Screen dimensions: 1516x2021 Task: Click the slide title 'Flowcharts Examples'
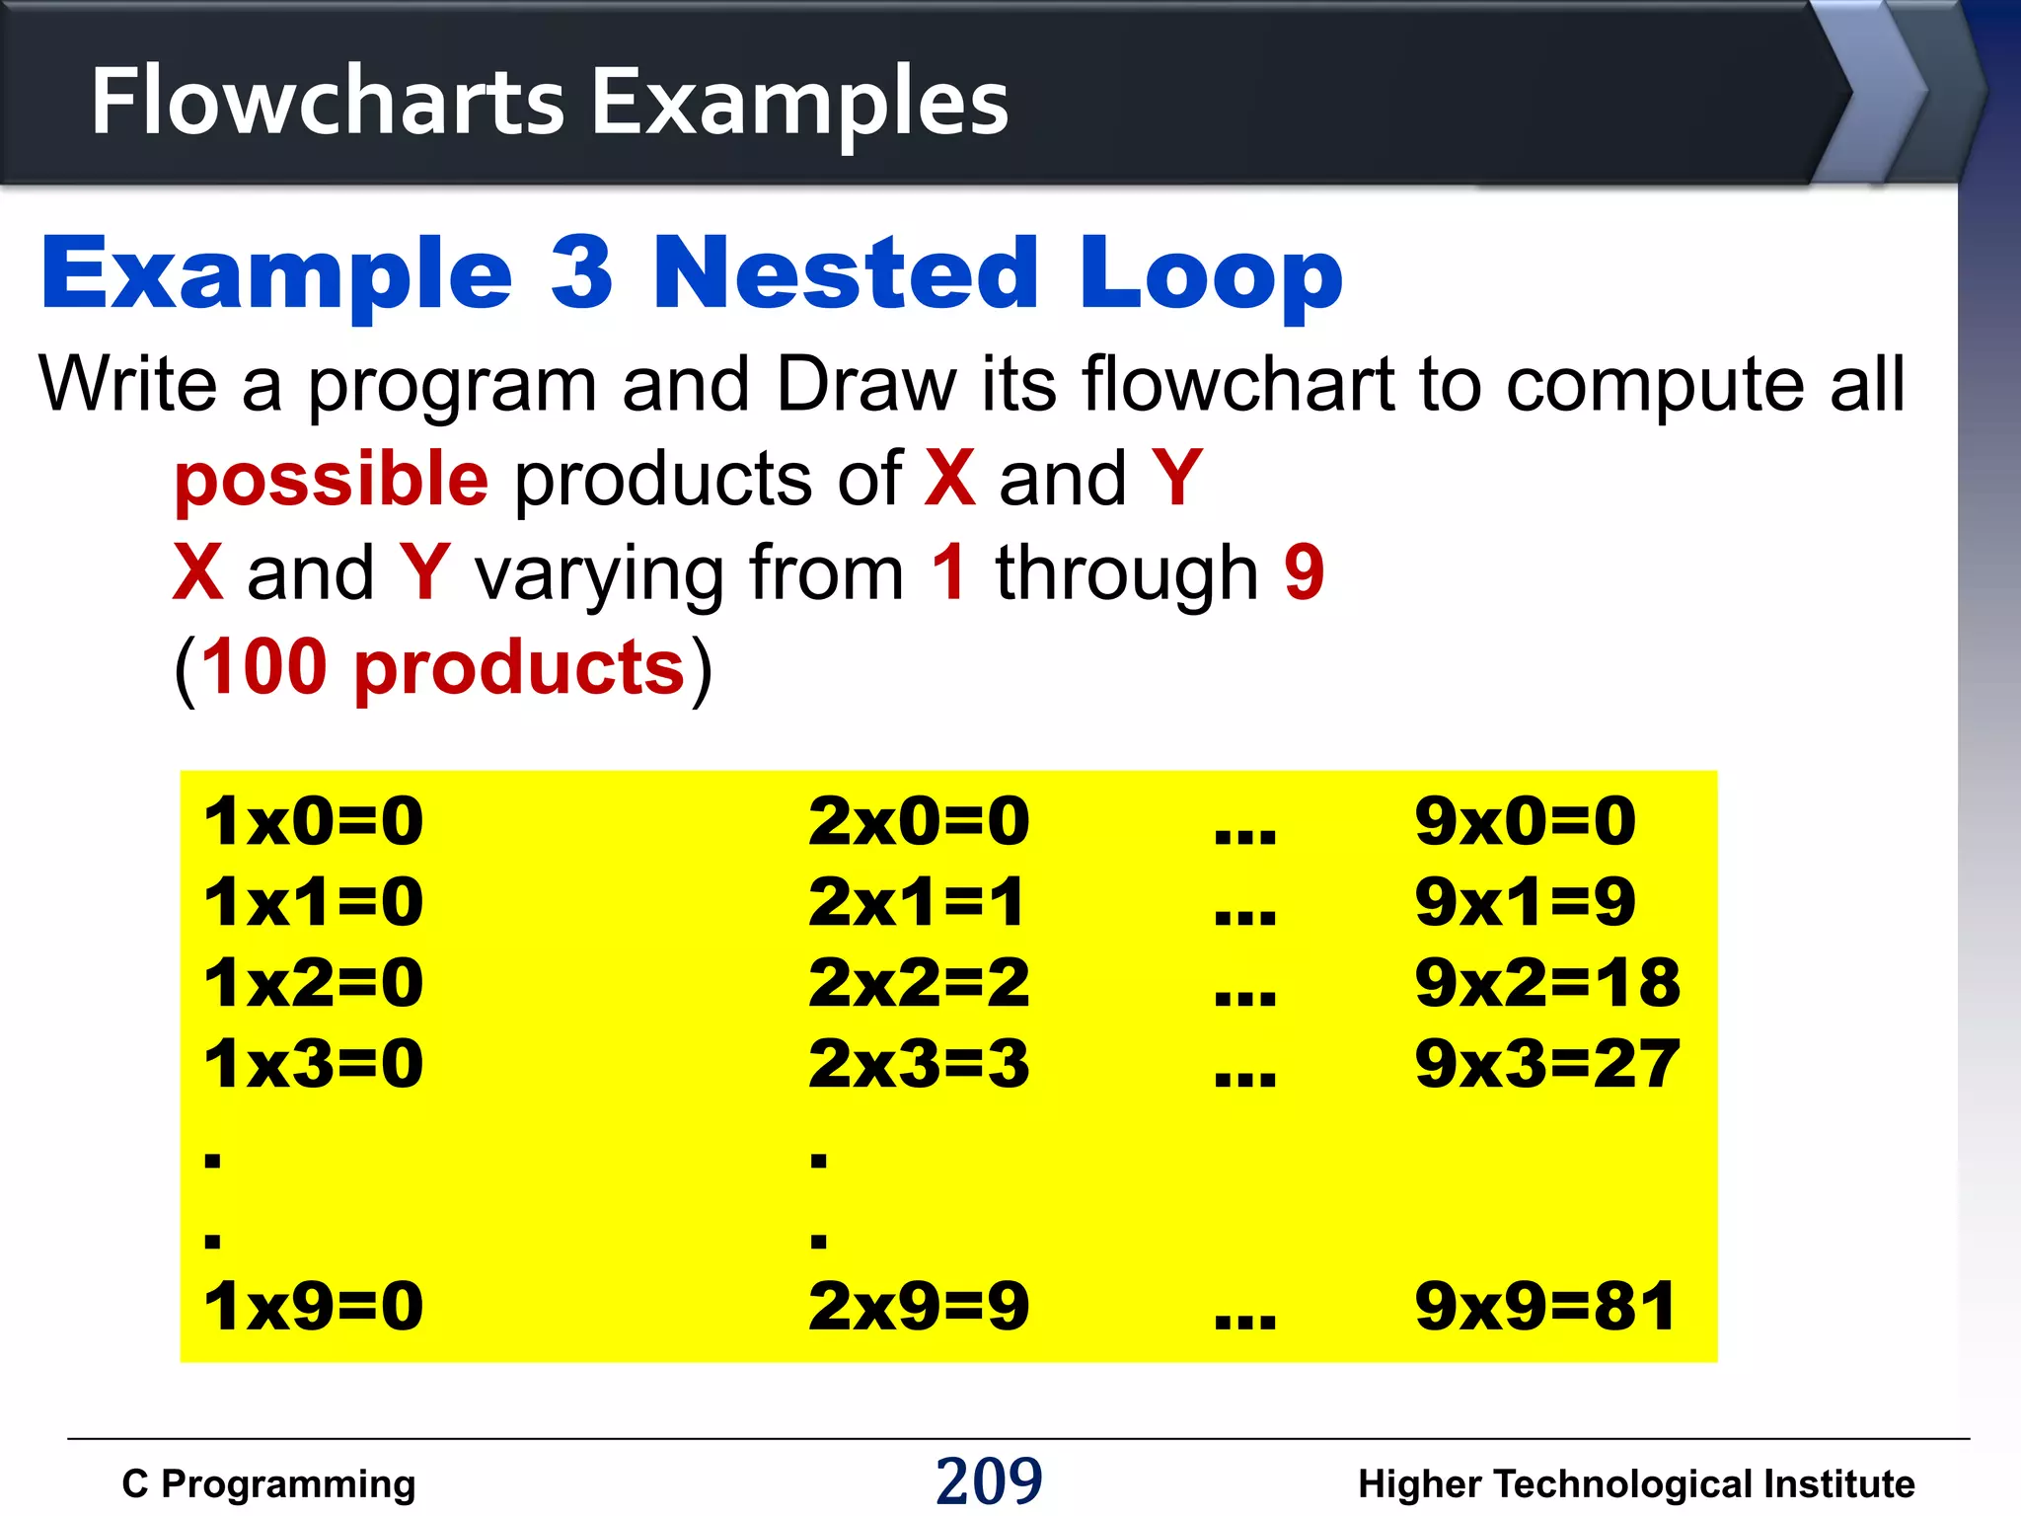[x=550, y=102]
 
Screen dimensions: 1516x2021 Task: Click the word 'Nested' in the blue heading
[x=846, y=272]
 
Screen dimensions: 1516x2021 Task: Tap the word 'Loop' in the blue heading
[x=1211, y=272]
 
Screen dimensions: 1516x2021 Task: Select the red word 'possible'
[x=332, y=480]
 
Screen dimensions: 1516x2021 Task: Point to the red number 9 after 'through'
[x=1304, y=571]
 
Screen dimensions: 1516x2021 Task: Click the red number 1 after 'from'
[x=949, y=571]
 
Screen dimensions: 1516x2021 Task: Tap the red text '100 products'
[x=443, y=667]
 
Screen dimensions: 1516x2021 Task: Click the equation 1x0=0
[x=314, y=821]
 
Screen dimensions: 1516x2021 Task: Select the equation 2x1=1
[x=917, y=902]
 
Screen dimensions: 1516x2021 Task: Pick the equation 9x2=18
[x=1546, y=983]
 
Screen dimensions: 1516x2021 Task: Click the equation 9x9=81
[x=1544, y=1306]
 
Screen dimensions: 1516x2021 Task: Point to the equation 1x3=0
[x=314, y=1064]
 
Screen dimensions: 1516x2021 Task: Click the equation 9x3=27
[x=1546, y=1064]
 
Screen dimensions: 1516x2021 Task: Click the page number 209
[x=989, y=1480]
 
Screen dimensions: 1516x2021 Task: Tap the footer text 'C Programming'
[x=268, y=1484]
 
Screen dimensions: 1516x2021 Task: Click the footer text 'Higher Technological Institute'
[x=1636, y=1484]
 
